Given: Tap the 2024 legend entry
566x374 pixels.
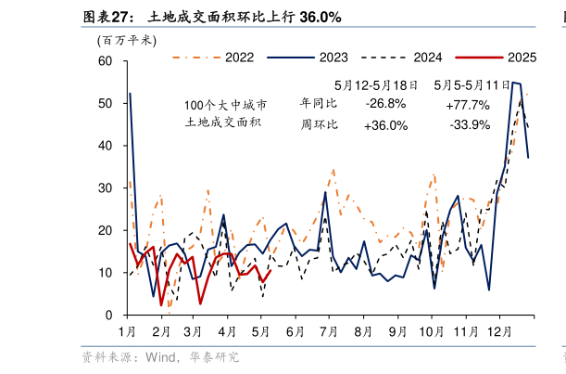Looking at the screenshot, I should click(426, 58).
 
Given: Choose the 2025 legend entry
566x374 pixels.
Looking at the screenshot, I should click(522, 58).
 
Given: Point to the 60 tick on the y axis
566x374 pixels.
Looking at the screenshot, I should click(105, 61).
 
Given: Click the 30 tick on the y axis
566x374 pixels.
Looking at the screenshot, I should click(105, 188).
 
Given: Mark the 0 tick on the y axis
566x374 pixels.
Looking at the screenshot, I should click(108, 316).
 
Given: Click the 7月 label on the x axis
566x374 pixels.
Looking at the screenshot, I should click(328, 331).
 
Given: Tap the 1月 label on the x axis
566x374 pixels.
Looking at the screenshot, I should click(128, 331).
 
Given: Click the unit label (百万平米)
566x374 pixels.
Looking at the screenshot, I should click(126, 40).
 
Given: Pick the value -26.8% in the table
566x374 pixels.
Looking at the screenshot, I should click(385, 102).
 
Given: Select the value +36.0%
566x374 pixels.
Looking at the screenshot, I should click(385, 125).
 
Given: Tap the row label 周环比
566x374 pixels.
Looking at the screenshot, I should click(319, 124).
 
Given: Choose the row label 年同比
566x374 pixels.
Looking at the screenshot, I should click(319, 102).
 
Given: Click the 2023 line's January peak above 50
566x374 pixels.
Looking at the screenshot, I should click(130, 94).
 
